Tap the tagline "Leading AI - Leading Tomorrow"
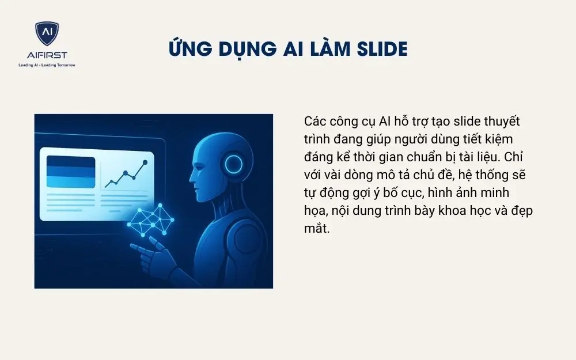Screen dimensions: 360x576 (47, 65)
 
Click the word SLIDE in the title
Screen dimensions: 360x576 (378, 50)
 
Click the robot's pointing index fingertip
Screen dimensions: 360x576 (133, 247)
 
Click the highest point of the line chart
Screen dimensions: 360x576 (145, 162)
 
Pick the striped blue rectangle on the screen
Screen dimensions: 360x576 (70, 172)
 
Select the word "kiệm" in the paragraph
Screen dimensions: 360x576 (497, 139)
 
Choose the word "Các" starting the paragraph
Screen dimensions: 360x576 (314, 122)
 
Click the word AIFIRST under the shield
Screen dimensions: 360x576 (47, 55)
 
